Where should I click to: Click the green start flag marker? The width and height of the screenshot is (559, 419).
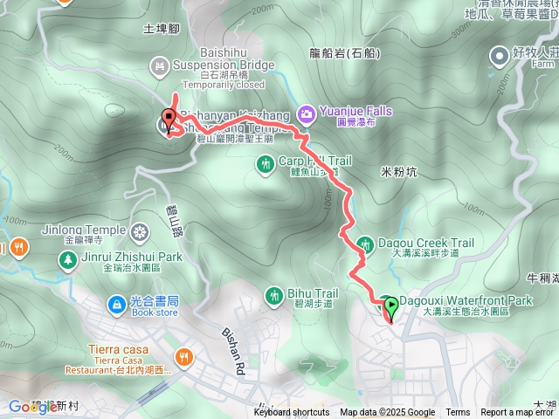tap(390, 306)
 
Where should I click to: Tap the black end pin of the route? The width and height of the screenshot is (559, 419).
tap(169, 120)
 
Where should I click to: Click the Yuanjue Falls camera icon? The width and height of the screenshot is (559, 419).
tap(306, 113)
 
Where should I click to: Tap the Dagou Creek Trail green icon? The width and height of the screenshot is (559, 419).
tap(367, 244)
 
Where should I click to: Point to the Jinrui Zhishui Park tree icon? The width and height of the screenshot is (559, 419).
tap(67, 258)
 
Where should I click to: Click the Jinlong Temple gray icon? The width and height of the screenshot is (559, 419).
tap(140, 232)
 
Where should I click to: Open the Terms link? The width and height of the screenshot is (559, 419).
tap(458, 413)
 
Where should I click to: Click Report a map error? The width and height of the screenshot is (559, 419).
tap(518, 413)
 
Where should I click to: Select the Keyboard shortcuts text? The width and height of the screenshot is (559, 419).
tap(292, 413)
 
